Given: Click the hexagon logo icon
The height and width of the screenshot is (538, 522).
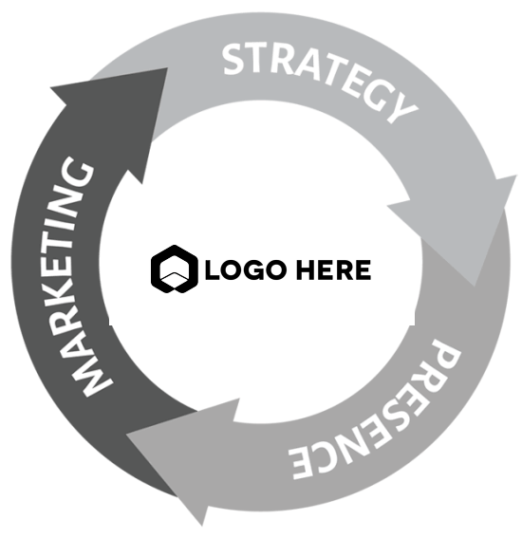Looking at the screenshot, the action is tap(175, 269).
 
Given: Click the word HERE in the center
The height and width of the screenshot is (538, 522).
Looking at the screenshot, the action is tap(333, 269).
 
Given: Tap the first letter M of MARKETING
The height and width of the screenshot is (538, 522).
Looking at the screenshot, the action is tap(93, 380).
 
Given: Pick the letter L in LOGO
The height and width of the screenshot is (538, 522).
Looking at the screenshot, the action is tap(212, 269).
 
